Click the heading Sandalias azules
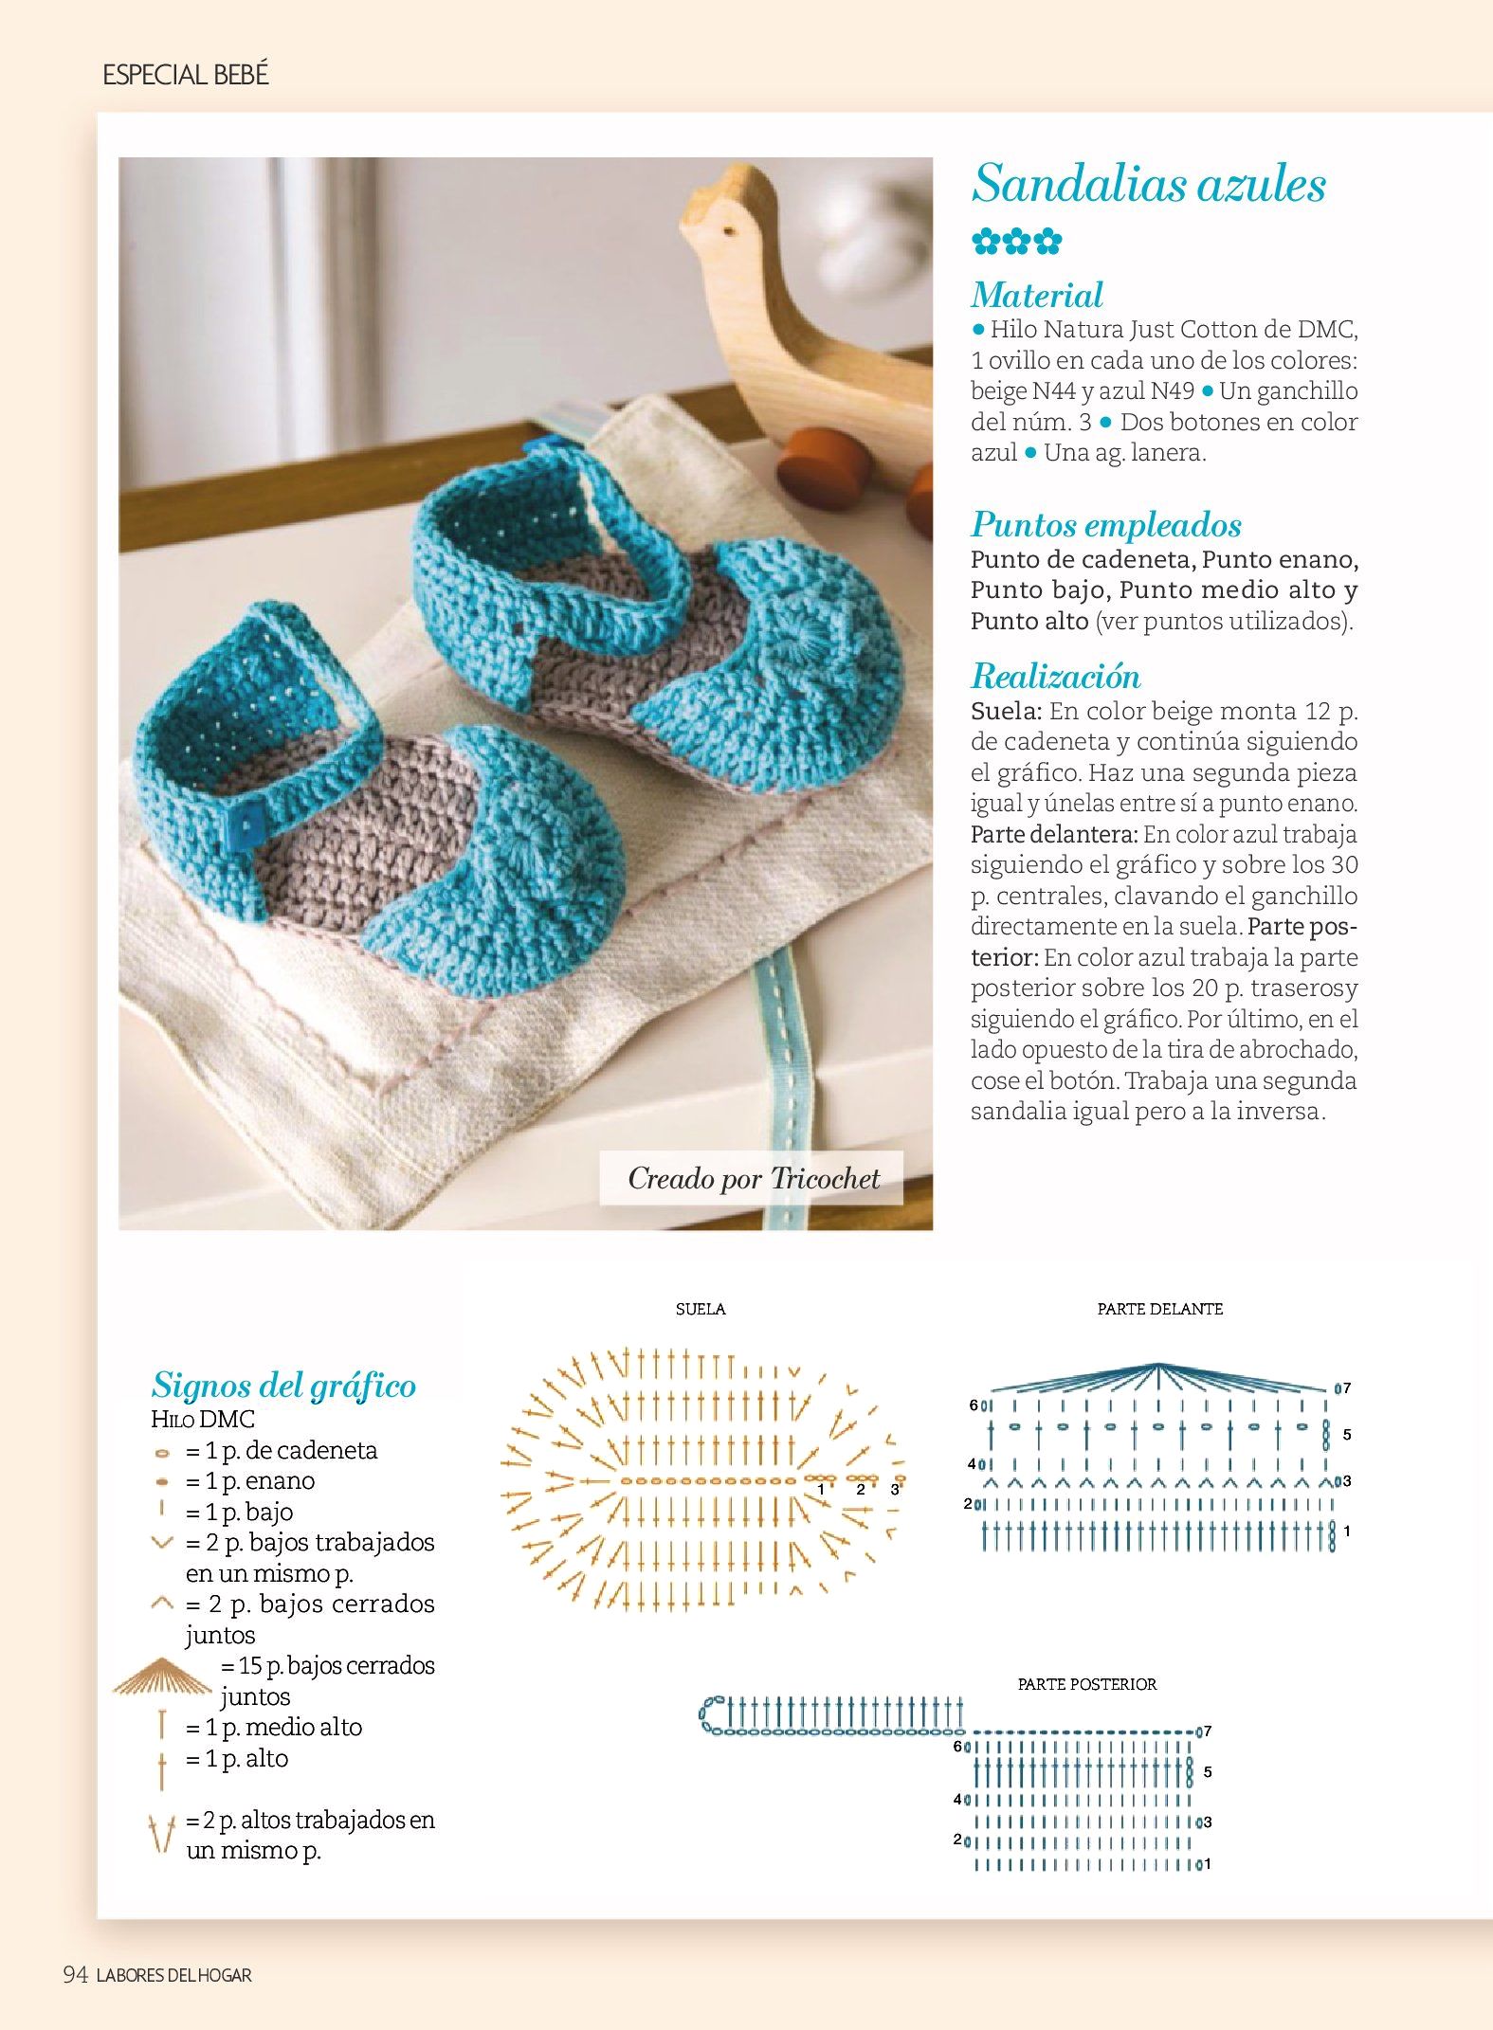coord(1148,184)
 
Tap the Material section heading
coord(1037,295)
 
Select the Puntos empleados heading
coord(1105,524)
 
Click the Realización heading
coord(1055,676)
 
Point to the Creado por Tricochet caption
coord(753,1178)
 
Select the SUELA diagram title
coord(701,1309)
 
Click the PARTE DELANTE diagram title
coord(1159,1309)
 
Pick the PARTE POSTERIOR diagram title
coord(1086,1684)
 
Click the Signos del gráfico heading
coord(283,1386)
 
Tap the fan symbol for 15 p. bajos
coord(162,1677)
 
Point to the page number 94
coord(75,1974)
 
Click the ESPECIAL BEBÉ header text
coord(186,75)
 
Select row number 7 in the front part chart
coord(1346,1388)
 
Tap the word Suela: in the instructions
coord(1006,711)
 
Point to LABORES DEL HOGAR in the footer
coord(174,1975)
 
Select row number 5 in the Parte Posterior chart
coord(1208,1771)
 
